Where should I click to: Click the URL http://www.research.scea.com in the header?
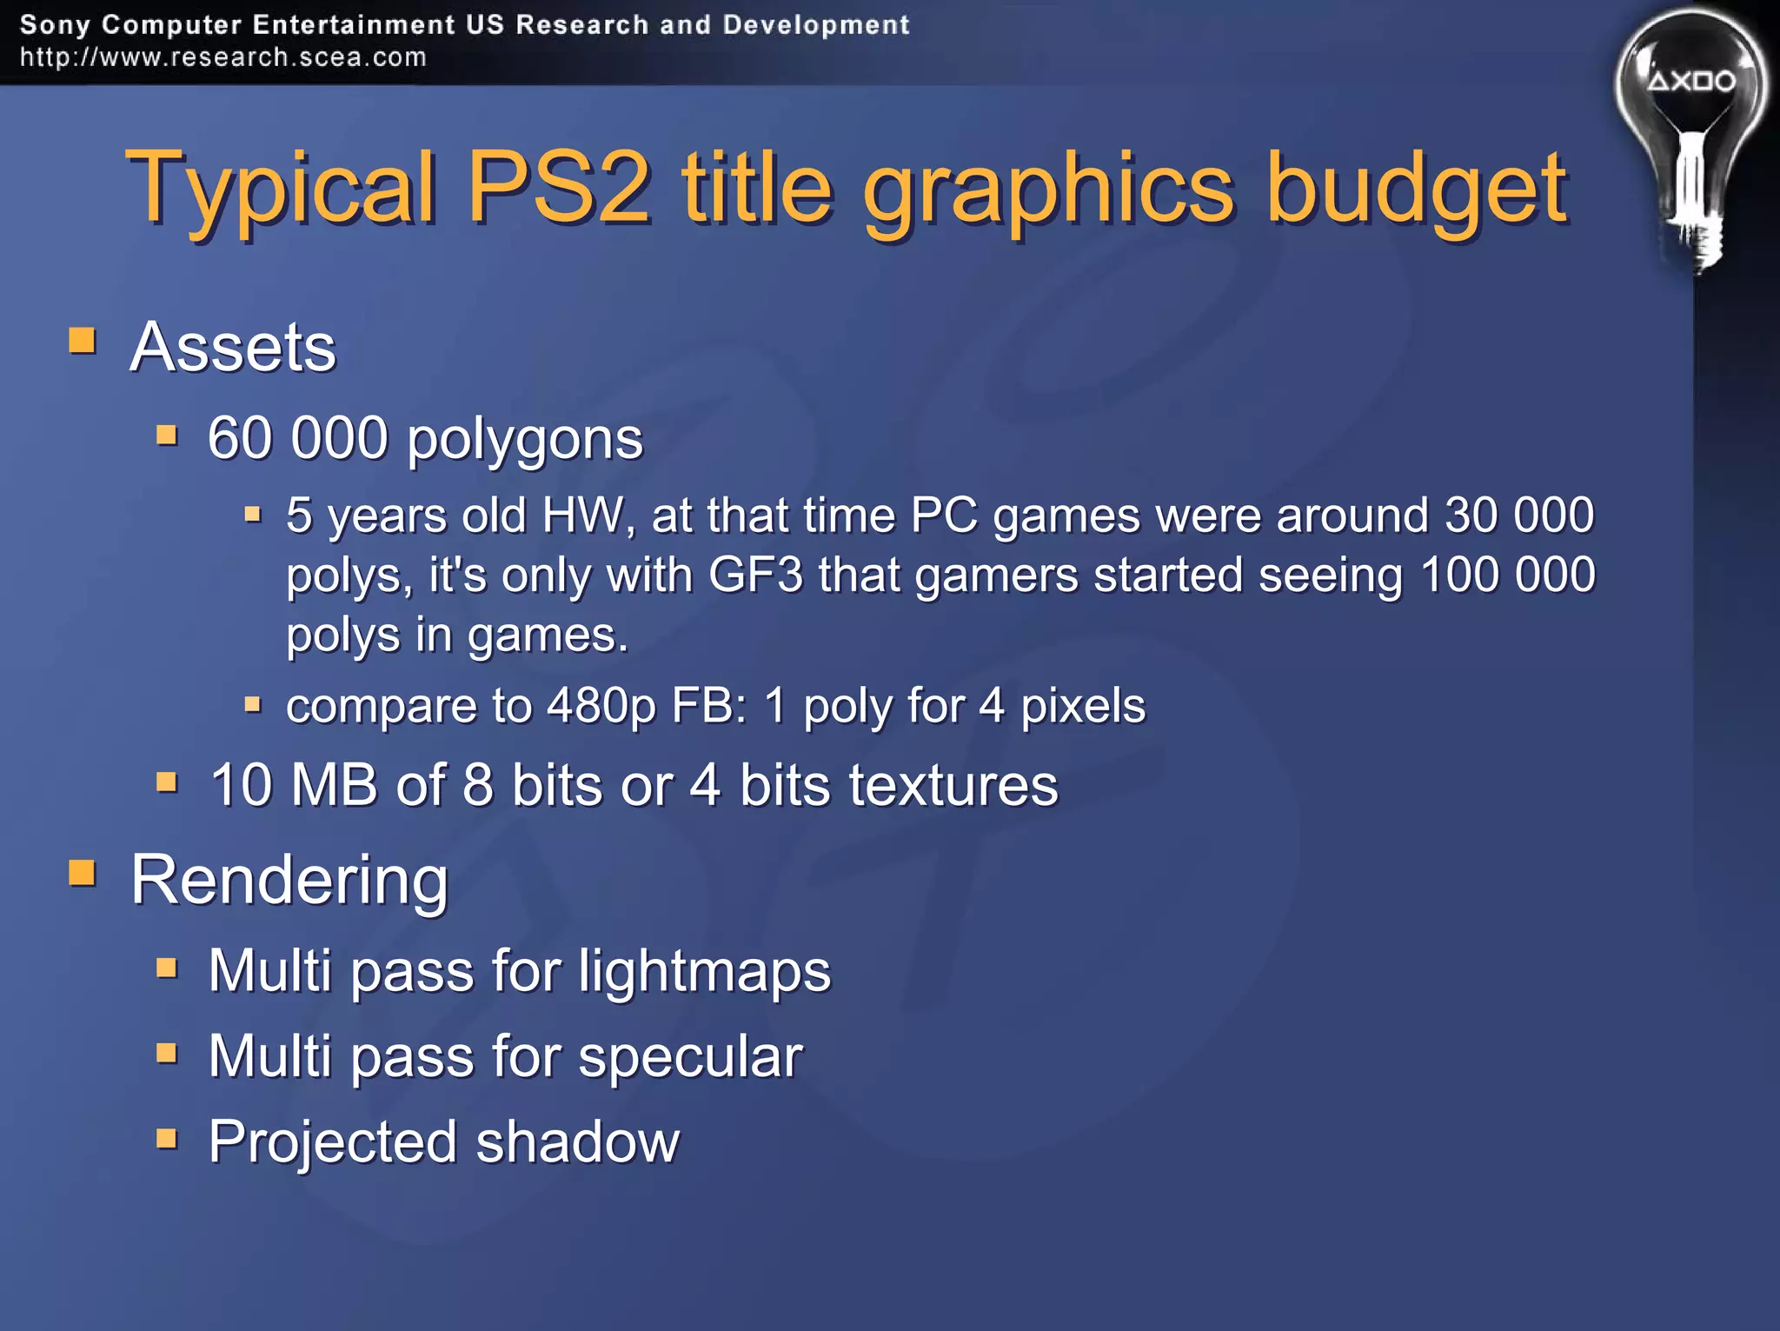pos(223,57)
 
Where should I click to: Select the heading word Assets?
pos(232,347)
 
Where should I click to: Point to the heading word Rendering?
pos(289,880)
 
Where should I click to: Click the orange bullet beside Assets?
pos(83,340)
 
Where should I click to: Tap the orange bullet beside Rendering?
pos(83,872)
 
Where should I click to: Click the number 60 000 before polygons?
pos(297,437)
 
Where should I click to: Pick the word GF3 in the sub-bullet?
pos(755,575)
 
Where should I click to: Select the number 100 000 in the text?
pos(1507,575)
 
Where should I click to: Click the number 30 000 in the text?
pos(1518,515)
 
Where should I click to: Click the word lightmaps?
pos(704,970)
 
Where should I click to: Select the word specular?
pos(690,1056)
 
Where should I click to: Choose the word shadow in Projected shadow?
pos(578,1141)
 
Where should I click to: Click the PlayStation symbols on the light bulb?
pos(1691,82)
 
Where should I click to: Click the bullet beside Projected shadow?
pos(167,1138)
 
